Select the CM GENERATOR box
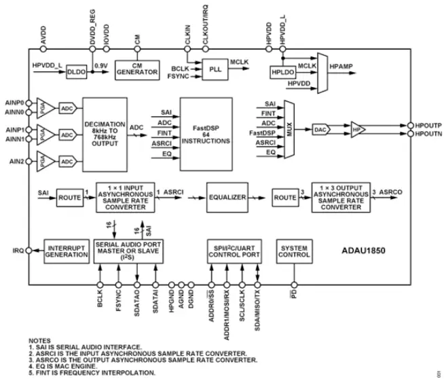136,69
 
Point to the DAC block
321,126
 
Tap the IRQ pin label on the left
17,250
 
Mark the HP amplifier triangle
358,126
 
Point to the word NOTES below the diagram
40,340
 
